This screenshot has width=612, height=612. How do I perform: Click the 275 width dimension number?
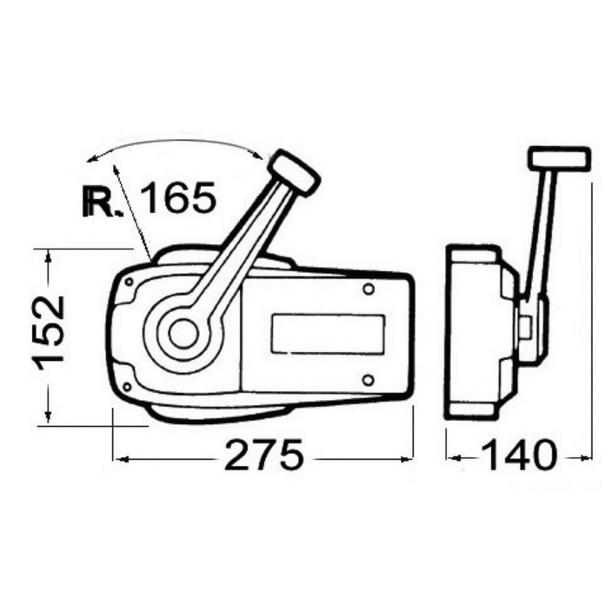pos(264,455)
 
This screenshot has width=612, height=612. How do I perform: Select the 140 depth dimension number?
pos(518,455)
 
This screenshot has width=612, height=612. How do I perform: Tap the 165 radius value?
pos(177,197)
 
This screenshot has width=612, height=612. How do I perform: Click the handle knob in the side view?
pos(559,158)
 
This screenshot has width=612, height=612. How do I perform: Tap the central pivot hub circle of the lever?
pos(183,333)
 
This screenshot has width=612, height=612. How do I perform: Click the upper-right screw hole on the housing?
pos(369,289)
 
